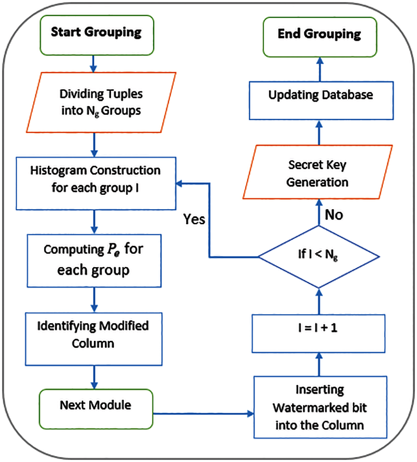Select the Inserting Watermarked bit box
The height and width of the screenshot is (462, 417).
319,407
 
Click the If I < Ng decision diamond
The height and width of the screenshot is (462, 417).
319,256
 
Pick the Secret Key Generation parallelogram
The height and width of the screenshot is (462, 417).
318,173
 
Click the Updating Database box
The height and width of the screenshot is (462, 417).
320,95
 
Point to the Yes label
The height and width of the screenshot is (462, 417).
194,220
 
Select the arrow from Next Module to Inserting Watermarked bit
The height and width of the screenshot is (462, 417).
202,414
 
